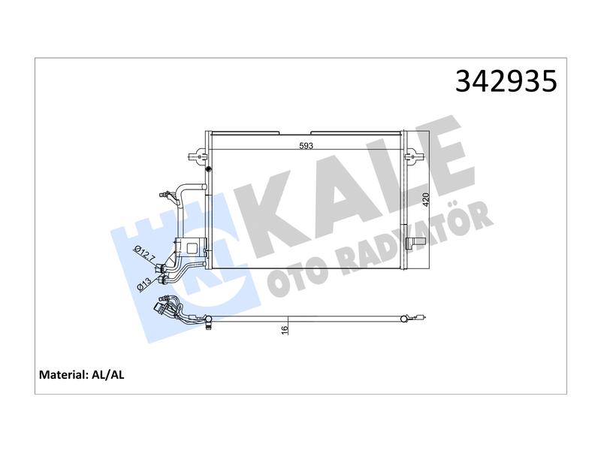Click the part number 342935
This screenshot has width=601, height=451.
tap(506, 81)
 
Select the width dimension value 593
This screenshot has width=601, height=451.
tap(306, 146)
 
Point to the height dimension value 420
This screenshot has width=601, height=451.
tap(426, 200)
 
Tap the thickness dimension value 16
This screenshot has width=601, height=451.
tap(285, 329)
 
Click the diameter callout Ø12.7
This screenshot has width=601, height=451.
tap(144, 253)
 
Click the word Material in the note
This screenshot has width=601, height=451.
tap(63, 374)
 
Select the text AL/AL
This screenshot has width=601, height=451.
tap(108, 374)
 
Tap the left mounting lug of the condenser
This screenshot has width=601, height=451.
tap(197, 156)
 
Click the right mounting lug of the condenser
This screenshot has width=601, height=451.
tap(414, 156)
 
